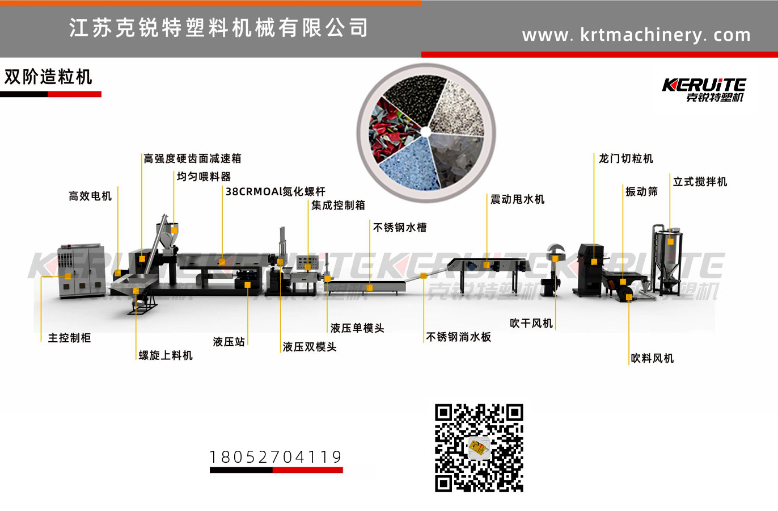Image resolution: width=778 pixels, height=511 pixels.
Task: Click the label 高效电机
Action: click(90, 196)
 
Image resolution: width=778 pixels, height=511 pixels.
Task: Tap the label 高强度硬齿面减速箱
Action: click(192, 158)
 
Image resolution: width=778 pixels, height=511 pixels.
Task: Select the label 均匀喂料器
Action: click(204, 177)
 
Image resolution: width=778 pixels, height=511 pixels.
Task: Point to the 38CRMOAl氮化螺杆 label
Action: click(275, 191)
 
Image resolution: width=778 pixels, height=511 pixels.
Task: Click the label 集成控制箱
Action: click(338, 205)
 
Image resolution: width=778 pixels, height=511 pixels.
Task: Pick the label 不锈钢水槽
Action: click(400, 228)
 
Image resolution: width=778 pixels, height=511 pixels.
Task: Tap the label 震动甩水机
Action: click(517, 199)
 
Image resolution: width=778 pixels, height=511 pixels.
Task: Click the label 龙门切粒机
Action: click(626, 158)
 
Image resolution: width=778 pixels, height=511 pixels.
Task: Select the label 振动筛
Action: click(641, 191)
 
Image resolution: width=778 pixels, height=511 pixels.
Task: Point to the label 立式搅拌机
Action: click(700, 182)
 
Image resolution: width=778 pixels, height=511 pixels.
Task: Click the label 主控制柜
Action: click(69, 338)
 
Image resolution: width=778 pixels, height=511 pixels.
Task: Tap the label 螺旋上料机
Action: click(166, 355)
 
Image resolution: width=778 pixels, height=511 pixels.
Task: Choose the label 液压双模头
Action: click(310, 346)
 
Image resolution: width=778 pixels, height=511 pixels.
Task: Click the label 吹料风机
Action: click(652, 358)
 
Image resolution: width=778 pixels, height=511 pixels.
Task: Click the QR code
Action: click(479, 447)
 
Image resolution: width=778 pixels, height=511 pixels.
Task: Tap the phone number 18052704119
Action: click(276, 457)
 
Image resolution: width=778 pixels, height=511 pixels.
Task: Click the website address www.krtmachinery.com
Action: click(636, 35)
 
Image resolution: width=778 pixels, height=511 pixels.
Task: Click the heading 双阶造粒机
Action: click(48, 77)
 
